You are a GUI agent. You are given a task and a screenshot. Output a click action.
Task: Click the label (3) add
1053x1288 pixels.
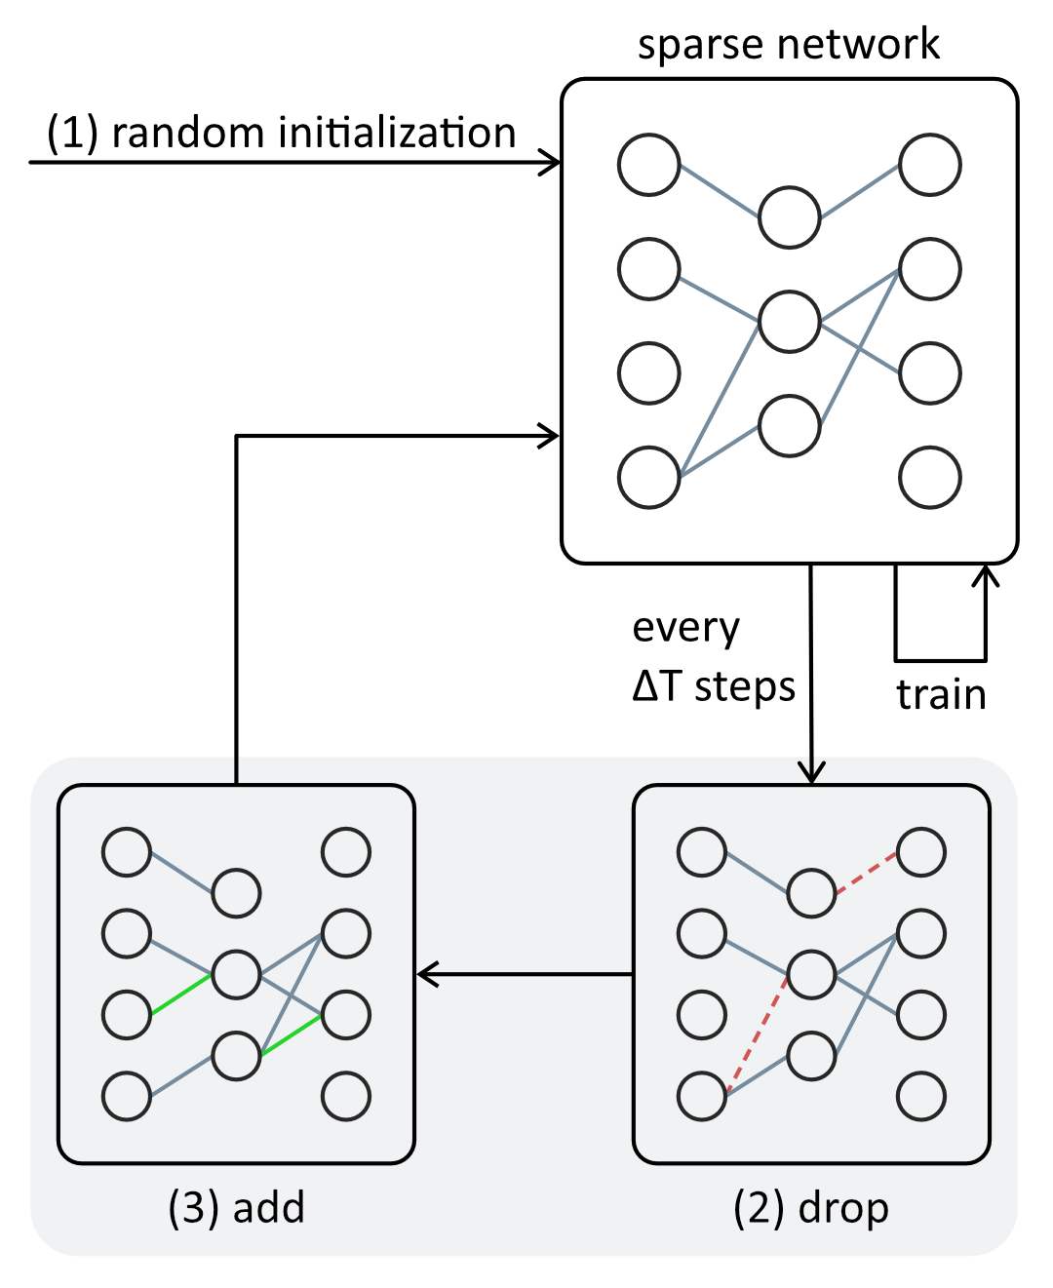[x=236, y=1207]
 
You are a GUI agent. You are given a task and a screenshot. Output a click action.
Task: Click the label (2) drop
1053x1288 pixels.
[x=810, y=1207]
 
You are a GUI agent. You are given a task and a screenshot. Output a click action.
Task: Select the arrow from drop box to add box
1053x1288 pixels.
[x=526, y=973]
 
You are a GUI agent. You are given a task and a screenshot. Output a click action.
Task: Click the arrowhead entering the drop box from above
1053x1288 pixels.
[x=811, y=772]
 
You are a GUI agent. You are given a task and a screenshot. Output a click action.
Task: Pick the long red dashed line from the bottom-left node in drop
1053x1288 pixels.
[x=758, y=1035]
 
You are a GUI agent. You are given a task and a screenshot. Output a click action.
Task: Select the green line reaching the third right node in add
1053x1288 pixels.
[x=291, y=1035]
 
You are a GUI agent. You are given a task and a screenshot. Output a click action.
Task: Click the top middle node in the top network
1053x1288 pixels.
[x=789, y=216]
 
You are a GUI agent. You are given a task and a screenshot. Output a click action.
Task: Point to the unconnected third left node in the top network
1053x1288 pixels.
[x=648, y=372]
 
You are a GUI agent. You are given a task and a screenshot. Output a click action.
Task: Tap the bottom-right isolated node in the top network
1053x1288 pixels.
[x=929, y=477]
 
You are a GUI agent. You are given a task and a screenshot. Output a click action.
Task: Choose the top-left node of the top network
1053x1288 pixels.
[x=648, y=165]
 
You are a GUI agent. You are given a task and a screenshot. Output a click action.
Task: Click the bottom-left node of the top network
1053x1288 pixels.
[x=648, y=477]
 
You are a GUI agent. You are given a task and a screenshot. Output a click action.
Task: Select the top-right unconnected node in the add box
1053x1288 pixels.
[x=346, y=852]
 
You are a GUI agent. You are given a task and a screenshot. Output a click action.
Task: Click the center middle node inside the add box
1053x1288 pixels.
[x=236, y=974]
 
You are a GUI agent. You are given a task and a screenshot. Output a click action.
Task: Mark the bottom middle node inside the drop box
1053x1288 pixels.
[x=811, y=1055]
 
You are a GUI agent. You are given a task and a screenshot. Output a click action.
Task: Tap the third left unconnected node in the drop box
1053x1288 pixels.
[x=702, y=1014]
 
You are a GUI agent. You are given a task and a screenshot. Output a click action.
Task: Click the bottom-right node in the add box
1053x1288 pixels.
[x=346, y=1096]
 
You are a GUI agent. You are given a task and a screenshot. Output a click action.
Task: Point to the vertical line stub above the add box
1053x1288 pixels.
[x=236, y=769]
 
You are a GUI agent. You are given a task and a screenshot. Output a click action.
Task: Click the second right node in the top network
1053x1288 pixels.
[x=929, y=268]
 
